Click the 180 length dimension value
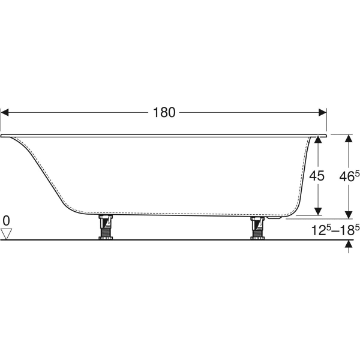click(x=163, y=112)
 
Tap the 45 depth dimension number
click(x=316, y=176)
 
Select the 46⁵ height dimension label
click(x=349, y=176)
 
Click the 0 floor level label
click(x=7, y=220)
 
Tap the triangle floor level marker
click(x=7, y=233)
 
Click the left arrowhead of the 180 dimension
click(x=5, y=112)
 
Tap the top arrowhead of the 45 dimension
click(x=317, y=139)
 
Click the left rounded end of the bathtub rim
click(x=4, y=136)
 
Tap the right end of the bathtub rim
click(x=325, y=136)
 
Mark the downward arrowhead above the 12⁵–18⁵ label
click(x=348, y=214)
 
